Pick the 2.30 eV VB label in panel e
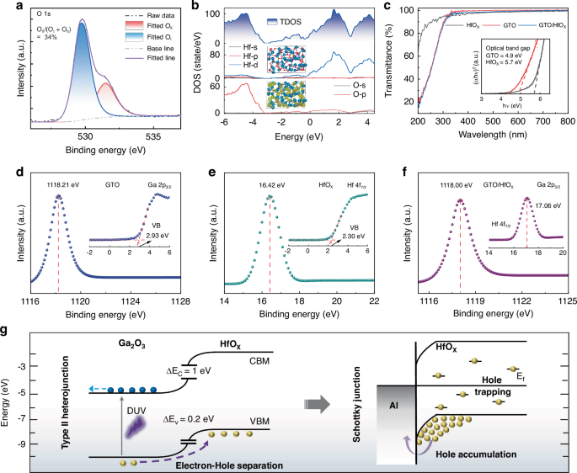click(345, 236)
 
